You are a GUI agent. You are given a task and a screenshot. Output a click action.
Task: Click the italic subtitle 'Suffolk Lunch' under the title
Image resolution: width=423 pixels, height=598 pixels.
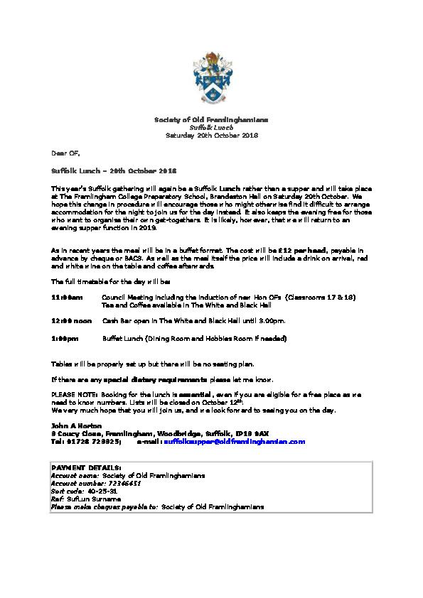coord(211,127)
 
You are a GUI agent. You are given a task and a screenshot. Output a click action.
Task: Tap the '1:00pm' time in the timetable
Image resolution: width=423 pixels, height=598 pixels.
coord(65,339)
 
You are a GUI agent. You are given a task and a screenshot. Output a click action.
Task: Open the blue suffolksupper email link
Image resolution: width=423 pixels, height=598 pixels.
coord(234,440)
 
